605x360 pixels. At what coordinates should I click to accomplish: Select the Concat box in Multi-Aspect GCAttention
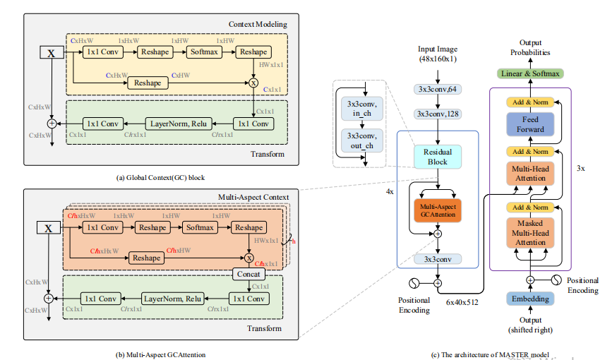(248, 274)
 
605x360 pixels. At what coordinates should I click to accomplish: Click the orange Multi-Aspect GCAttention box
(437, 209)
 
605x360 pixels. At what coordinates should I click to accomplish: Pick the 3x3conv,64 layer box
(437, 89)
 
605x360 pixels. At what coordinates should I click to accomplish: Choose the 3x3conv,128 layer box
(437, 113)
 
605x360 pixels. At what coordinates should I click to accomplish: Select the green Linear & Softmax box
(531, 73)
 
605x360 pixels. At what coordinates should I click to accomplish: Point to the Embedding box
(530, 299)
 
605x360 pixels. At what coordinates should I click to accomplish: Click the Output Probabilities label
(531, 48)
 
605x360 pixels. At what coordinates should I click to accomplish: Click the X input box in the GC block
(51, 52)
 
